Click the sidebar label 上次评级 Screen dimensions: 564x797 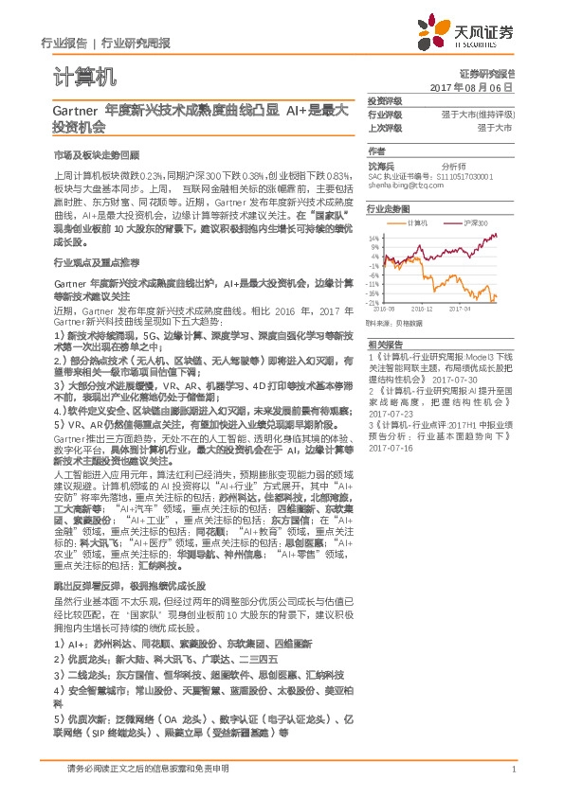pos(385,127)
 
